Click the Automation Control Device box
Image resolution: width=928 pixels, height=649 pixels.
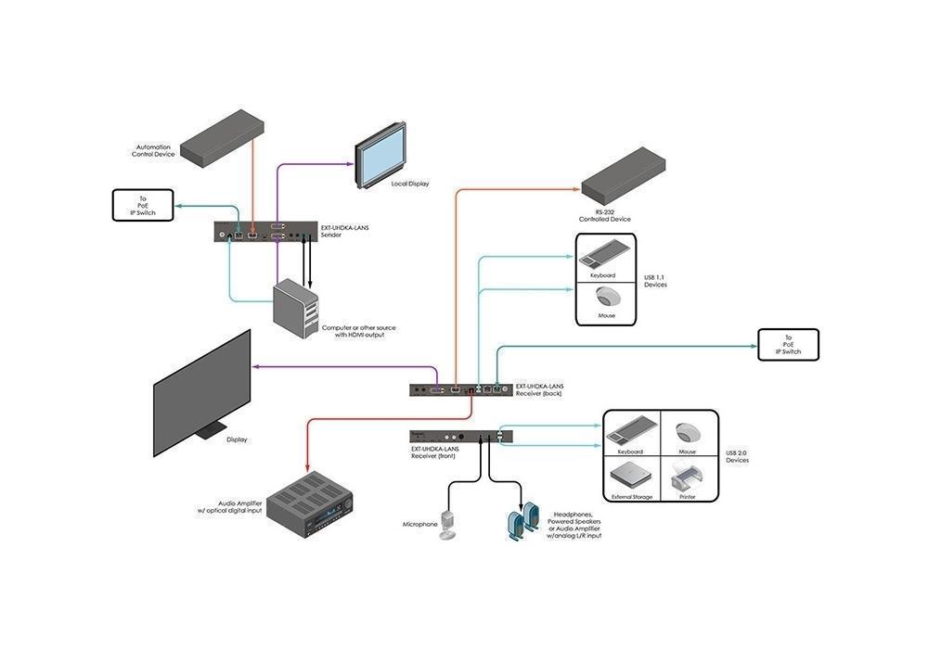[221, 137]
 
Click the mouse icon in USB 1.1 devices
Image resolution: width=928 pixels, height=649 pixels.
[607, 297]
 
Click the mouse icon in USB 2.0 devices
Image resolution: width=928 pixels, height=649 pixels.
[687, 433]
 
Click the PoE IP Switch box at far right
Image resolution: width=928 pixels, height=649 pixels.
[789, 344]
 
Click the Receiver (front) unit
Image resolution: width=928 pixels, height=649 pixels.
[461, 436]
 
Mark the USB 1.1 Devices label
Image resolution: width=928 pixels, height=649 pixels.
[655, 280]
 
